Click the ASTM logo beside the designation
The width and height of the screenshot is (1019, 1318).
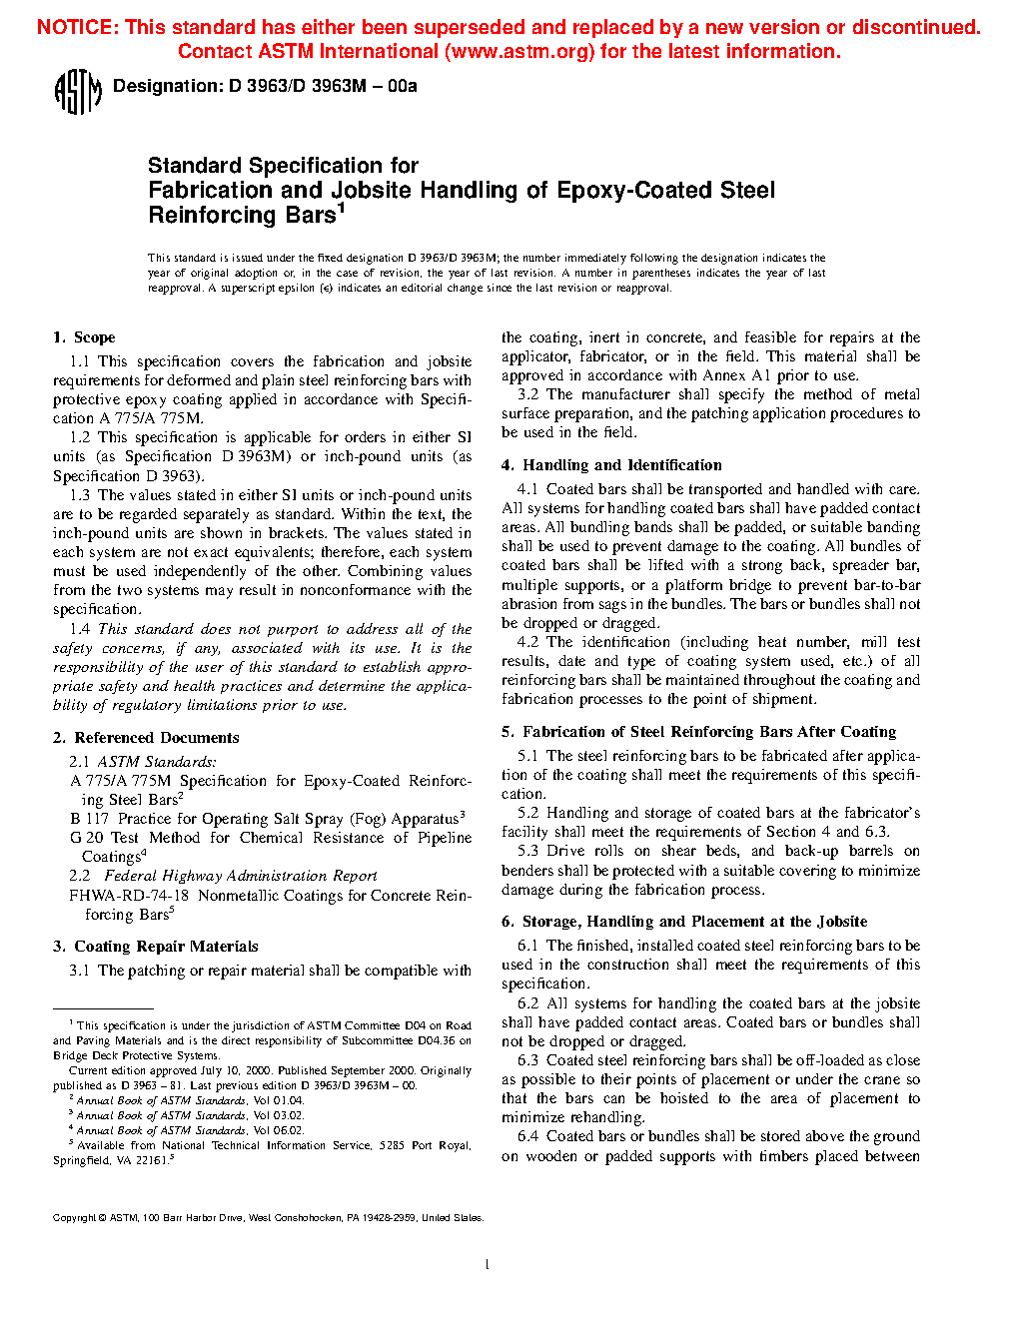point(77,91)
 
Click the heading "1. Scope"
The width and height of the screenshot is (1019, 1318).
point(84,337)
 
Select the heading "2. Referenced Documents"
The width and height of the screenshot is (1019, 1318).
point(146,738)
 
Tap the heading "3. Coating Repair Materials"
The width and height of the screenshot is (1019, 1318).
point(156,947)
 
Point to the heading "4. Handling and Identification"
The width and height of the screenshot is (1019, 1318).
point(611,465)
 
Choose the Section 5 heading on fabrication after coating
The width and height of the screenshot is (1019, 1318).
point(699,732)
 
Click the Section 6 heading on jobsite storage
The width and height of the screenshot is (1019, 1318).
point(684,922)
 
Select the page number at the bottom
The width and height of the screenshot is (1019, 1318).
point(487,1265)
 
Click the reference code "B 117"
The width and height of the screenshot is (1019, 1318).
point(90,819)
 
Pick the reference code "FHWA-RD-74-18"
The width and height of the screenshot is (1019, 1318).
point(129,896)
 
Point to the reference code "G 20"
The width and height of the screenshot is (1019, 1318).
point(87,838)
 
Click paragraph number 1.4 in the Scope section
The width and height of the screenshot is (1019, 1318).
point(80,629)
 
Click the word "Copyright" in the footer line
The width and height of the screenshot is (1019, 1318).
point(74,1218)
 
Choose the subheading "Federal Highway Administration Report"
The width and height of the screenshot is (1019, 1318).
point(241,876)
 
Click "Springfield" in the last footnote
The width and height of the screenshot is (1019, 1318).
point(82,1161)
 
